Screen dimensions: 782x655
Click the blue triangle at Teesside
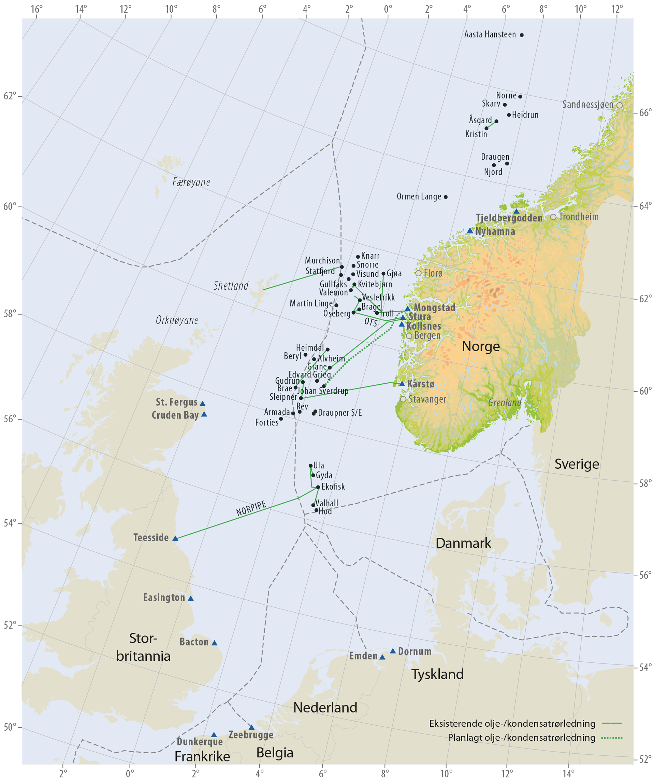(x=176, y=538)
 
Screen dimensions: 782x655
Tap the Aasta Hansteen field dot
(x=522, y=35)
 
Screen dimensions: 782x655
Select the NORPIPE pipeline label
(x=251, y=508)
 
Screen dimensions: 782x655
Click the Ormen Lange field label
(x=419, y=197)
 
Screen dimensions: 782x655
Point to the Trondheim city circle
(x=553, y=217)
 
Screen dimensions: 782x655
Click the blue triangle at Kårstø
(x=402, y=384)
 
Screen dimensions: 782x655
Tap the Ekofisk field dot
(x=318, y=487)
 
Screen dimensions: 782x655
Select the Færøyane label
(x=191, y=182)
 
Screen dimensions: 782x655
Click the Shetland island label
(x=231, y=286)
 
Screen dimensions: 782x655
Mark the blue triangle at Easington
(x=191, y=599)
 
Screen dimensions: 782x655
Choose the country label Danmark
(x=463, y=543)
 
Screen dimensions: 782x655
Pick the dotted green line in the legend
(x=611, y=738)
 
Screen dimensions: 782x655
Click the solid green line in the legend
(x=611, y=724)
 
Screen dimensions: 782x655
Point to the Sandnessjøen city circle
(x=619, y=105)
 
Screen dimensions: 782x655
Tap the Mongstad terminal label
(x=434, y=307)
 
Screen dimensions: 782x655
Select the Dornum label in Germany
(x=415, y=651)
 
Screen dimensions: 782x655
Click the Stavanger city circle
(x=403, y=399)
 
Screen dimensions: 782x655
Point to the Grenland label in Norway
(x=504, y=402)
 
